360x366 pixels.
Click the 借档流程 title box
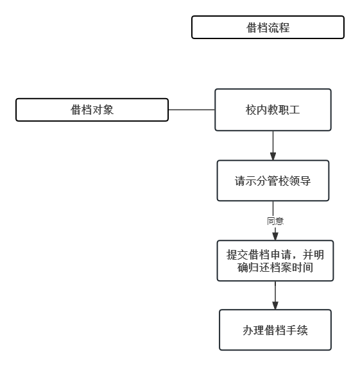tap(268, 28)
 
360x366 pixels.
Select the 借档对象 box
tap(92, 110)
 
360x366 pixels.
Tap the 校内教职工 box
tap(273, 110)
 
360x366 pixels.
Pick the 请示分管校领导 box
tap(273, 181)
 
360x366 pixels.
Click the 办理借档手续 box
tap(275, 330)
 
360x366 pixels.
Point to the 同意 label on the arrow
tap(275, 221)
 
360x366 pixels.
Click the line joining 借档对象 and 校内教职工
tap(192, 110)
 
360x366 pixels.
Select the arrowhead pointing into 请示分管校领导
tap(273, 156)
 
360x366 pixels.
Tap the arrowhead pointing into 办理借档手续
tap(275, 306)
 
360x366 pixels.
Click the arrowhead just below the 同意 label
tap(275, 237)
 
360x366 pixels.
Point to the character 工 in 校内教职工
tap(295, 110)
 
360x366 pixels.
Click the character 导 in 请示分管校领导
tap(305, 181)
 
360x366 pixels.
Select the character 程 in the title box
tap(284, 28)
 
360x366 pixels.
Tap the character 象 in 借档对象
tap(108, 110)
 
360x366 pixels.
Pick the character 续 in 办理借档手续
tap(302, 330)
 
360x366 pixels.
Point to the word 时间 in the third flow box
tap(302, 267)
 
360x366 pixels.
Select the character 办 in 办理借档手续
tap(248, 330)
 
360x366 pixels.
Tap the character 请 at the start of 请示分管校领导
tap(240, 181)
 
